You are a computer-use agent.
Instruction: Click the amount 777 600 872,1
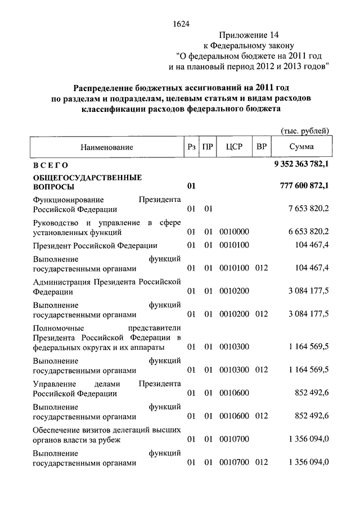click(x=304, y=186)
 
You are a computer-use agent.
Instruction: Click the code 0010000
click(x=234, y=232)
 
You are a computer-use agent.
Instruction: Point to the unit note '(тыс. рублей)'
click(x=305, y=131)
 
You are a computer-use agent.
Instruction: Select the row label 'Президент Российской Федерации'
click(x=95, y=246)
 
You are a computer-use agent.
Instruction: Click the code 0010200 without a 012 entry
click(x=234, y=291)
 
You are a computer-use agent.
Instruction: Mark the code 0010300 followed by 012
click(x=234, y=371)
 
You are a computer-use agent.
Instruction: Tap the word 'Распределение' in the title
click(x=103, y=88)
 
